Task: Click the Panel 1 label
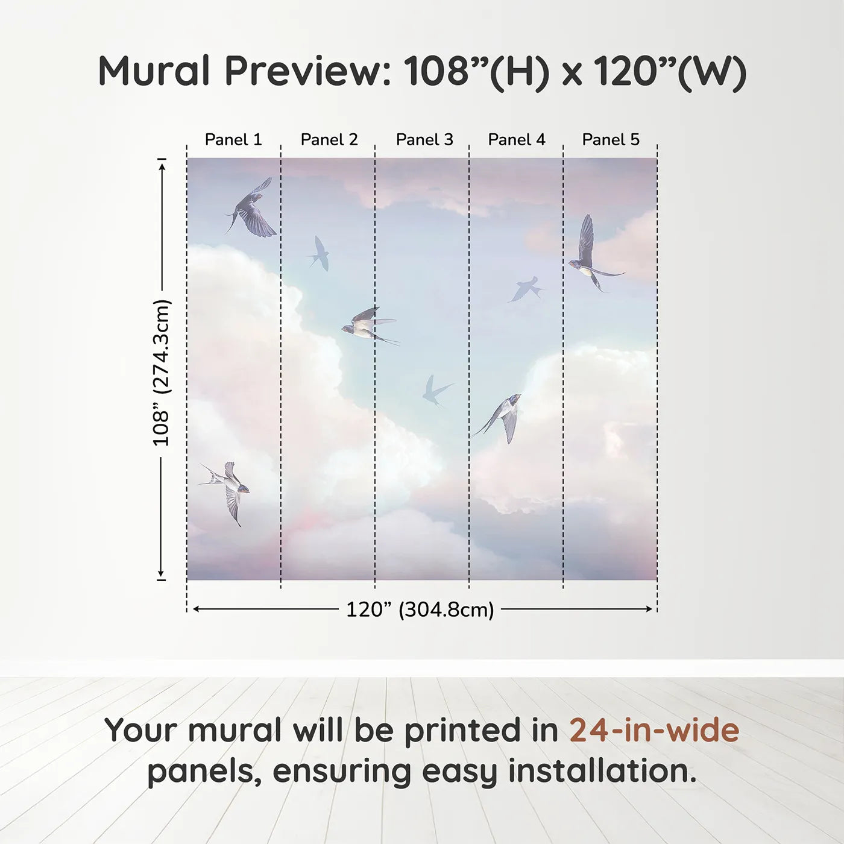(x=233, y=140)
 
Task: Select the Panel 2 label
(x=329, y=140)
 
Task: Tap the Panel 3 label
(x=424, y=140)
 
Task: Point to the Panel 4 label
(x=517, y=140)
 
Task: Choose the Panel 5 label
(x=611, y=140)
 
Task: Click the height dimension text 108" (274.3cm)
(x=161, y=373)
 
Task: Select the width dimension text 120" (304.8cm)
(x=420, y=609)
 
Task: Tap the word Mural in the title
(x=154, y=71)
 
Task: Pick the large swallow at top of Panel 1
(x=251, y=207)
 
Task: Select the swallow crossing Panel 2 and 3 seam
(x=370, y=326)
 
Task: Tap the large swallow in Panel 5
(x=593, y=255)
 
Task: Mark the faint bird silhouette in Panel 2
(x=320, y=254)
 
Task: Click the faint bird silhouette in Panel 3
(x=435, y=390)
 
